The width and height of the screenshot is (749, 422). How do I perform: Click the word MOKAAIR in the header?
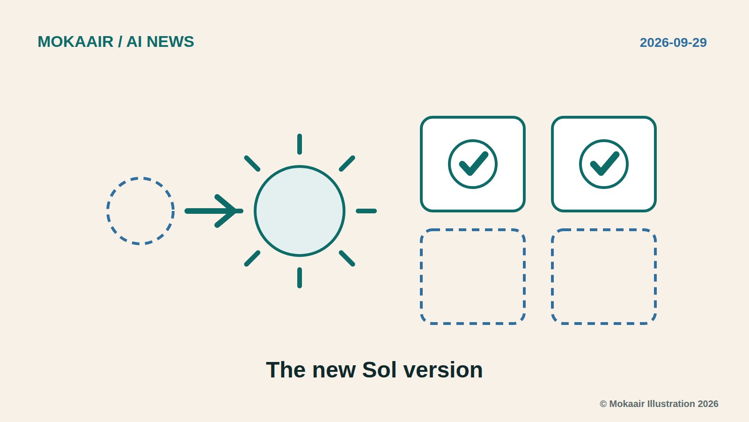pos(75,42)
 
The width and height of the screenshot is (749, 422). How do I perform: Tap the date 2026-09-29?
pos(673,43)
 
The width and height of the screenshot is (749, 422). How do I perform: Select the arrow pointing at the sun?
pos(214,211)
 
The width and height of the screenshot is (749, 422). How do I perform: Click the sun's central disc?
pos(300,211)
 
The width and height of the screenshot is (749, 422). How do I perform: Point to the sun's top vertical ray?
pos(300,144)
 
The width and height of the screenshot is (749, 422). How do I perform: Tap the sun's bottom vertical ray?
pos(300,278)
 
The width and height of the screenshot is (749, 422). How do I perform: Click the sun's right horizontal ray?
pos(366,211)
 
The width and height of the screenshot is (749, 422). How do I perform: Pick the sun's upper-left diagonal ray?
pos(252,164)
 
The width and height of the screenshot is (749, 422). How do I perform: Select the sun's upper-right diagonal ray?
pos(347,164)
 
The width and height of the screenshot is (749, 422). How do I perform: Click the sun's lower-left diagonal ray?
pos(252,258)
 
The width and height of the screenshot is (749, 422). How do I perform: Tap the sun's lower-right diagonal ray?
pos(347,258)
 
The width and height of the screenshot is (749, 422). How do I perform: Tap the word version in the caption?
pos(443,370)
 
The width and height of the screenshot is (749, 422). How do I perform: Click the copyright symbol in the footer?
pos(603,404)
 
